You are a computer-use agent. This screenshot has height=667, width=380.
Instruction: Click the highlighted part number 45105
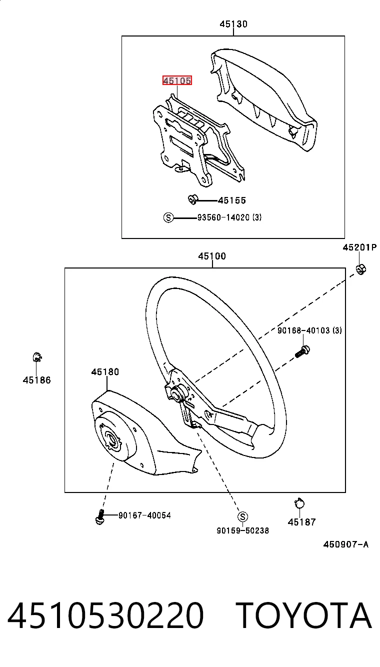coord(177,80)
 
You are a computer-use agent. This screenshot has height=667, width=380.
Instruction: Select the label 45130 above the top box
coord(233,24)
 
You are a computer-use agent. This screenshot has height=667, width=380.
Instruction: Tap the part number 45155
coord(232,200)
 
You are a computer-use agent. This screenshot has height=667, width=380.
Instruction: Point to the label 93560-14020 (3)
coord(229,217)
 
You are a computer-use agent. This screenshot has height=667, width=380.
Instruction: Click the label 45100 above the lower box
coord(212,256)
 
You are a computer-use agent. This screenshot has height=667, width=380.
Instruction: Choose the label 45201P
coord(359,247)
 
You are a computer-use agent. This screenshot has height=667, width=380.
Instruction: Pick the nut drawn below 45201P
coord(361,269)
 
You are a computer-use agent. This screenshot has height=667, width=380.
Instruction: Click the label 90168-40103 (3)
coord(309,330)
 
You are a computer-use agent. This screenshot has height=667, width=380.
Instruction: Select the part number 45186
coord(36,380)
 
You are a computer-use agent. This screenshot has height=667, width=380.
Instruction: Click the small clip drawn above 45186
coord(37,357)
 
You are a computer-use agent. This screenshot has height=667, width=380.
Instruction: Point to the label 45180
coord(105,371)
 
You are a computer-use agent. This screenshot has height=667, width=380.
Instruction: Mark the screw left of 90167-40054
coord(100,516)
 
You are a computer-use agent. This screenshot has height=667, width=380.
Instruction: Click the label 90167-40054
coord(144,515)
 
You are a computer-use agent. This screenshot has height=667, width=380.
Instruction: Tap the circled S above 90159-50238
coord(242,516)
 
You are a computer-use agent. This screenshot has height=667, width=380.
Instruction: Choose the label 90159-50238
coord(242,530)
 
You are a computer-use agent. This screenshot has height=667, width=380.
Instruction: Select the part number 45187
coord(301,521)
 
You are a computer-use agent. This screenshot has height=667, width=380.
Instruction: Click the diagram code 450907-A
coord(346,544)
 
